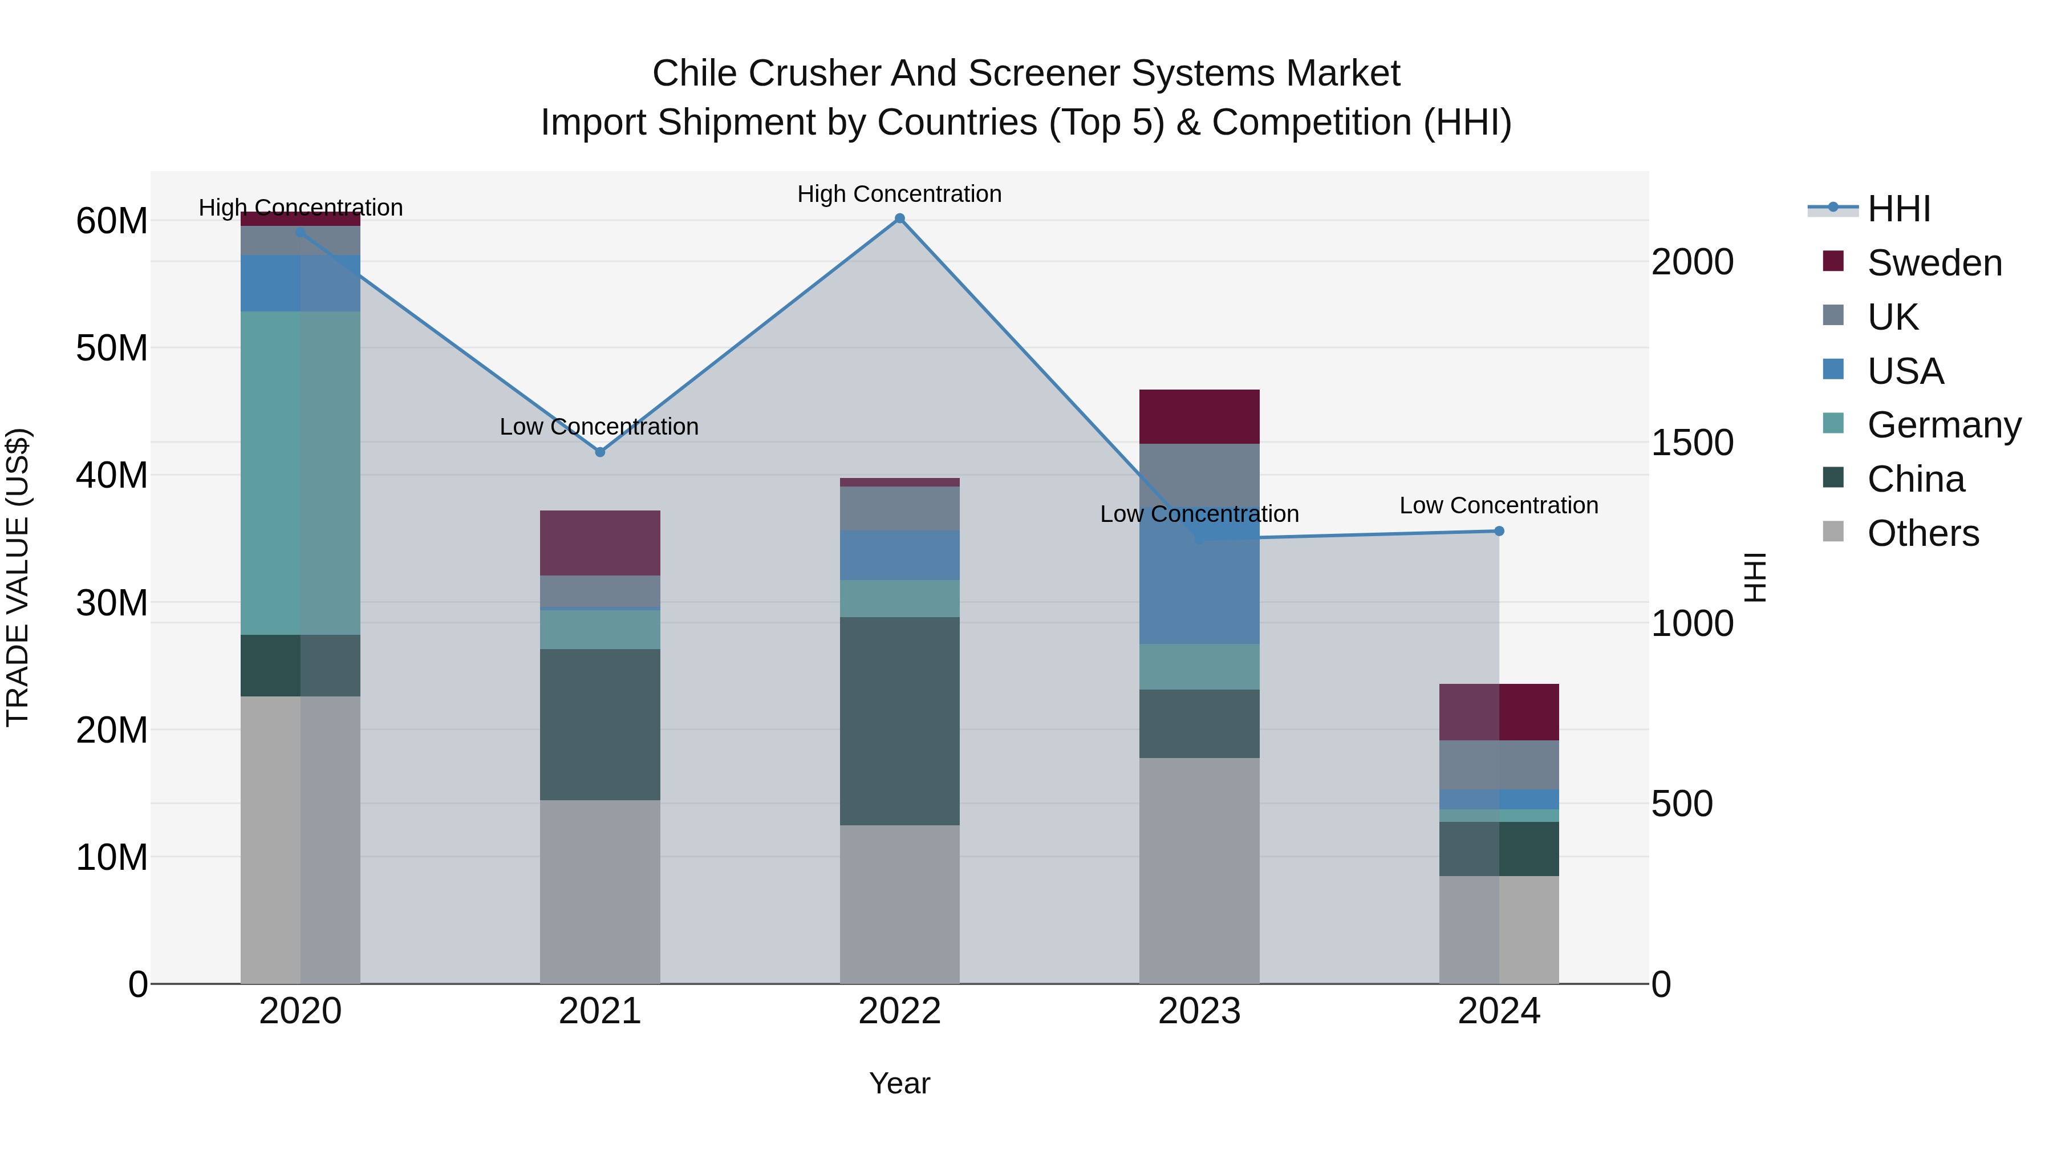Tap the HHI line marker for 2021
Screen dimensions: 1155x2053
(x=600, y=452)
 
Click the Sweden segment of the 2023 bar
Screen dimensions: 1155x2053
(x=1199, y=416)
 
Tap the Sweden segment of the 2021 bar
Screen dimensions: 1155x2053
(x=600, y=543)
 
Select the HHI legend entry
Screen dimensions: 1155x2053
(x=1898, y=209)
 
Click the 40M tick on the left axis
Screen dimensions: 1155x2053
(x=112, y=475)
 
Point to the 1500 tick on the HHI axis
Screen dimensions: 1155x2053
(x=1692, y=443)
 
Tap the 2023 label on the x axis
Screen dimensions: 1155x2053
(x=1199, y=1011)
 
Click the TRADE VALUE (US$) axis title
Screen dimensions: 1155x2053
(x=18, y=577)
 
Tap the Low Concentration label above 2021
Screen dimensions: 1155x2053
(x=599, y=427)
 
